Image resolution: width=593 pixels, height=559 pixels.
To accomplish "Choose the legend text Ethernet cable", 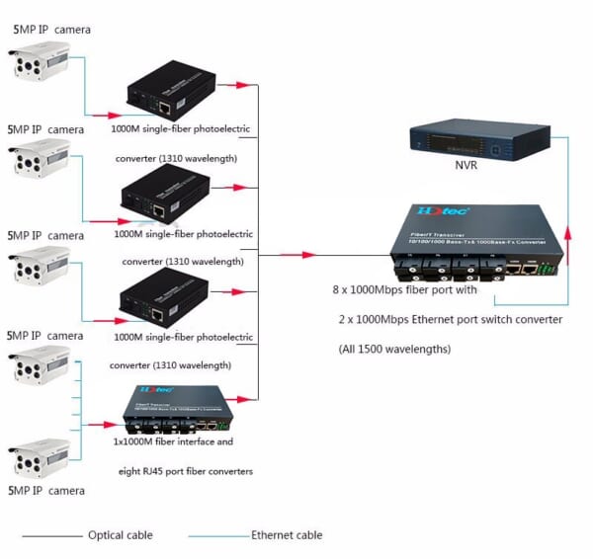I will (287, 535).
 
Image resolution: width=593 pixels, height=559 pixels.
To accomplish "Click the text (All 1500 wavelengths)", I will (394, 349).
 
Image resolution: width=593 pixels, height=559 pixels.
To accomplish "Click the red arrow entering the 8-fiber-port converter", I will (296, 255).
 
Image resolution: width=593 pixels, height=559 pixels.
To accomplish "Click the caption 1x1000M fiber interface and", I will (173, 442).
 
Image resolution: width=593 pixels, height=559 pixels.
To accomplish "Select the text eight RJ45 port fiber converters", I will (182, 471).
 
